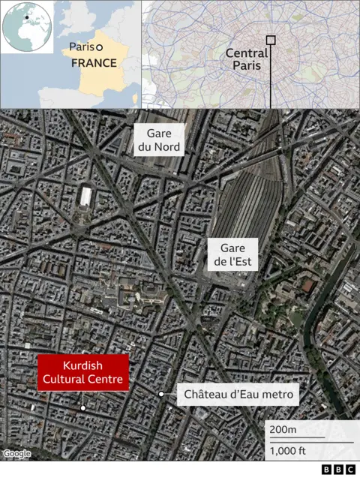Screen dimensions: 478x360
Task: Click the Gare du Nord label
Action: pos(158,140)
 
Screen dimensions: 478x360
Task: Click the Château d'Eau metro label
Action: pos(238,394)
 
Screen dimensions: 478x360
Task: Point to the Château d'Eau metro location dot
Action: pos(161,394)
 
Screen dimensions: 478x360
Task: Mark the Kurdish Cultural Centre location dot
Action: pos(83,408)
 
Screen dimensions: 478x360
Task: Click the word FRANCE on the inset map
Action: pos(94,63)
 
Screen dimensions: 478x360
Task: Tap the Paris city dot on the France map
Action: pos(98,47)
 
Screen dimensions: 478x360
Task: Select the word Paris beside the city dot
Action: pos(81,47)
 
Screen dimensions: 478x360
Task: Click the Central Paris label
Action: pos(247,59)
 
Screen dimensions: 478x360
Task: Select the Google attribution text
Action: pos(16,453)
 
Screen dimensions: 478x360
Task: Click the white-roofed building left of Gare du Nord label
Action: pos(86,197)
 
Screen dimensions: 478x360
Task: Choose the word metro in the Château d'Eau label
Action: pos(278,394)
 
